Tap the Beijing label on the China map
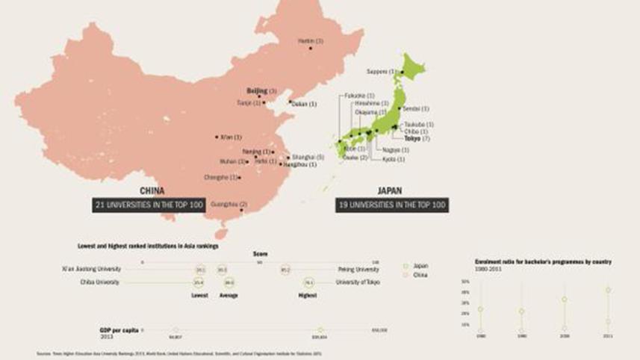tap(261, 90)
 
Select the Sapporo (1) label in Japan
tap(382, 72)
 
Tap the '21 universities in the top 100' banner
tap(149, 204)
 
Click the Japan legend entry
tap(418, 266)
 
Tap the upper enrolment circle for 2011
tap(609, 290)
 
